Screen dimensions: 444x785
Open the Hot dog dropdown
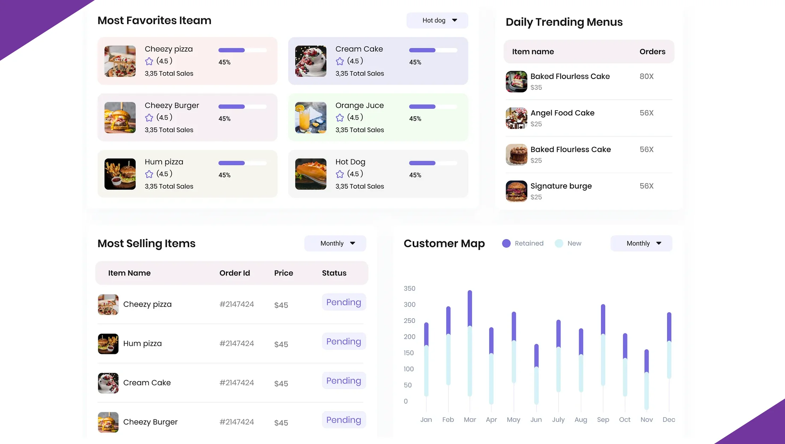(x=437, y=20)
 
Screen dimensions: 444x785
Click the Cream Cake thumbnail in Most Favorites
(x=311, y=61)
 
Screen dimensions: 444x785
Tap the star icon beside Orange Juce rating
(x=340, y=118)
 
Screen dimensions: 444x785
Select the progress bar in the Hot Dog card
(x=433, y=163)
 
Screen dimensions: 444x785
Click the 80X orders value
(x=646, y=76)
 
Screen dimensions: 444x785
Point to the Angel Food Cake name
(x=562, y=113)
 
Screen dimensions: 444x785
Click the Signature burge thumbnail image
(x=516, y=191)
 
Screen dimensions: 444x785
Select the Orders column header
(x=652, y=52)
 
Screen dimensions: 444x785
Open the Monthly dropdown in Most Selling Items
(x=335, y=243)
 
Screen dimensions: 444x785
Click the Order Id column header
(x=234, y=273)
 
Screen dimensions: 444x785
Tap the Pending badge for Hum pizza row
(x=344, y=342)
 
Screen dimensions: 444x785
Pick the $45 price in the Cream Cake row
(x=281, y=384)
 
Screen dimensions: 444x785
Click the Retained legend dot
(x=506, y=243)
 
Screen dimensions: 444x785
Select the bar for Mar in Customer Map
(x=470, y=343)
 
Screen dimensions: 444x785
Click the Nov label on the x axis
(x=647, y=420)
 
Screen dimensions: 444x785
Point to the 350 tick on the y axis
(x=409, y=289)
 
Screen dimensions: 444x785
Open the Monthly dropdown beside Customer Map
(x=641, y=243)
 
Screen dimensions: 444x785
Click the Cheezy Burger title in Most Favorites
(x=172, y=106)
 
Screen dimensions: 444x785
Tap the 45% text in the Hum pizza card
(x=224, y=175)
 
